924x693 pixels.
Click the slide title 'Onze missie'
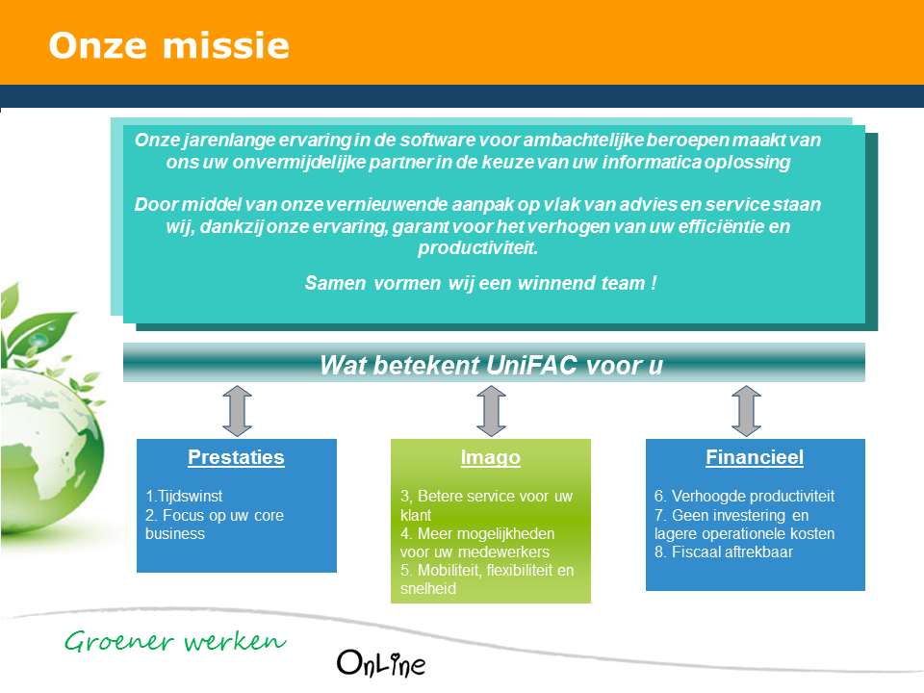click(x=168, y=45)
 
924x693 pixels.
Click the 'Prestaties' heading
click(x=236, y=457)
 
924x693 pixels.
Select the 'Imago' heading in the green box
click(x=490, y=457)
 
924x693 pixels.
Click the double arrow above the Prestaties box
click(x=236, y=411)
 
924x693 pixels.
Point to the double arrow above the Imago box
click(x=490, y=411)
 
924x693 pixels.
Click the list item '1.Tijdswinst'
click(x=184, y=497)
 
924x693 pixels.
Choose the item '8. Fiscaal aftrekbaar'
click(x=723, y=552)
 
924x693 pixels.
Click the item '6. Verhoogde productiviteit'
click(x=744, y=497)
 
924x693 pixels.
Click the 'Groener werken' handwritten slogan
click(x=175, y=641)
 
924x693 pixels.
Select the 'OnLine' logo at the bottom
click(x=381, y=662)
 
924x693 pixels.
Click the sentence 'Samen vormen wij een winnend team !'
click(x=480, y=283)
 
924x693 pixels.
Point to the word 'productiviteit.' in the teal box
click(x=477, y=247)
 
